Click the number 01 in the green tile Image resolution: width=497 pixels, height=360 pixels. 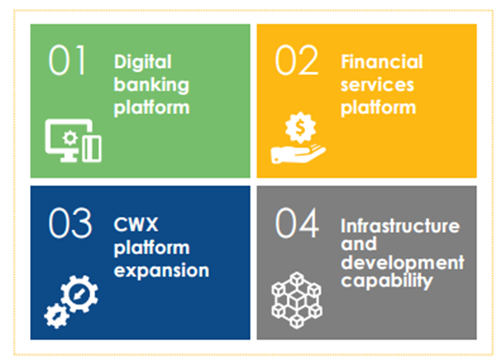67,60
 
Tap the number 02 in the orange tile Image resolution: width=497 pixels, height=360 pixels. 296,60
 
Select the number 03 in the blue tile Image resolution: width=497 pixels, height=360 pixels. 70,222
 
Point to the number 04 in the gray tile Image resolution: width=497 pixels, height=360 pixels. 297,222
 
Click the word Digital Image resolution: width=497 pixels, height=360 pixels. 142,61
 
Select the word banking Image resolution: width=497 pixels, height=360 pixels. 151,85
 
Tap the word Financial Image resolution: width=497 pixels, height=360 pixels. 381,61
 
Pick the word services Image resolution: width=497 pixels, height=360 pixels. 377,85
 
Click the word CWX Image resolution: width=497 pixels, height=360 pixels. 136,224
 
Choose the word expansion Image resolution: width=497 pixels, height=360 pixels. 161,271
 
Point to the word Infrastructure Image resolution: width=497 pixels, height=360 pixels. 400,226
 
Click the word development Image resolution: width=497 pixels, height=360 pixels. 402,263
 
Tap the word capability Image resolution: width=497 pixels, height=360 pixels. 387,281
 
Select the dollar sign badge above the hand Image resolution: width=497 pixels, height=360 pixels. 300,127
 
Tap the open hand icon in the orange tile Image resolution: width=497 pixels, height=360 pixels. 298,154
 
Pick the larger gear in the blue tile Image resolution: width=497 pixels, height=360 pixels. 79,294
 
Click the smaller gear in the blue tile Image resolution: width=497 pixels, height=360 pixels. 57,316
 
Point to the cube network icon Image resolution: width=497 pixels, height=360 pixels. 297,300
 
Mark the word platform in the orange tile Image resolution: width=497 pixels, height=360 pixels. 378,108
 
